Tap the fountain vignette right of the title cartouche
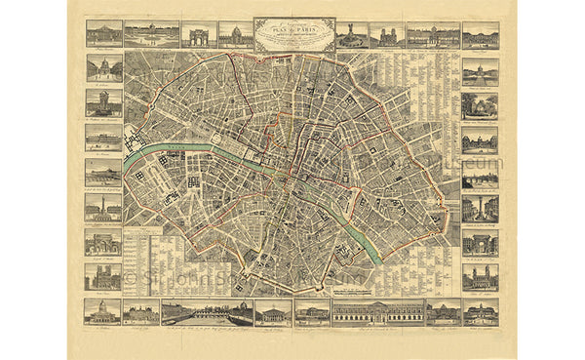pyautogui.click(x=349, y=35)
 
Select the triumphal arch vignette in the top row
pyautogui.click(x=199, y=35)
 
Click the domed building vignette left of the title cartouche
pyautogui.click(x=235, y=35)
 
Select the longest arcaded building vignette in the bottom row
pyautogui.click(x=377, y=311)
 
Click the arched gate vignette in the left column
pyautogui.click(x=103, y=242)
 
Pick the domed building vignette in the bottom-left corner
pyautogui.click(x=103, y=311)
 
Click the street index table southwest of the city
pyautogui.click(x=156, y=259)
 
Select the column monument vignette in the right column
pyautogui.click(x=480, y=207)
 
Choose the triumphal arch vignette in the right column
pyautogui.click(x=480, y=242)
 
